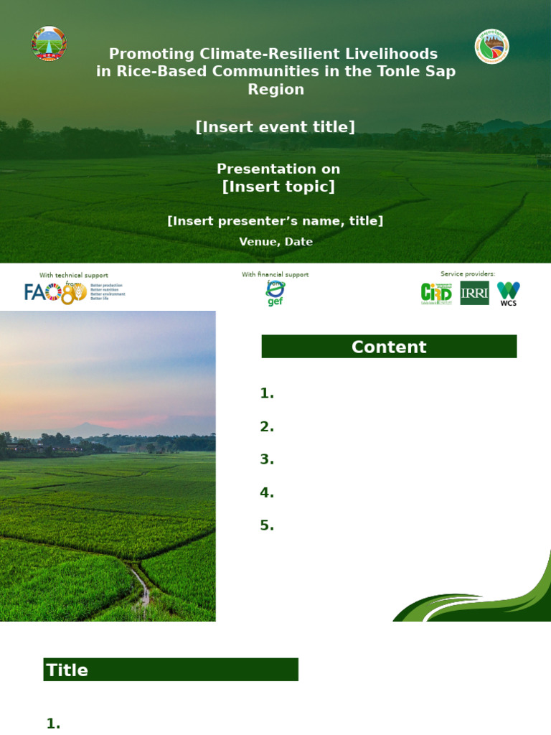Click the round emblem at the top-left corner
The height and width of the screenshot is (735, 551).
[x=49, y=44]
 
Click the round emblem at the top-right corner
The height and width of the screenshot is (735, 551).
[x=492, y=46]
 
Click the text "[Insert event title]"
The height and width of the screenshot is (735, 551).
[x=275, y=127]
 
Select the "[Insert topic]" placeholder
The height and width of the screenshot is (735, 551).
[x=278, y=187]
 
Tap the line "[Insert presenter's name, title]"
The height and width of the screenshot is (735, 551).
[x=275, y=221]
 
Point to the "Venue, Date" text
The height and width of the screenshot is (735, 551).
[x=275, y=242]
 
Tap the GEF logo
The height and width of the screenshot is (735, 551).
[x=275, y=293]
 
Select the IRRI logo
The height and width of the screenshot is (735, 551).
[x=474, y=293]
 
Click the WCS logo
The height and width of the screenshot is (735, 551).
[x=509, y=293]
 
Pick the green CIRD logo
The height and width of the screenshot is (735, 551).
[x=436, y=293]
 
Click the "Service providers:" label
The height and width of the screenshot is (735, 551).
[x=468, y=273]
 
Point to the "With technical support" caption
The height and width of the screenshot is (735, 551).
[x=74, y=275]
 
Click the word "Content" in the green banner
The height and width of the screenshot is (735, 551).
[x=389, y=347]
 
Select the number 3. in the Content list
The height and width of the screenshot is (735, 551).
[x=267, y=459]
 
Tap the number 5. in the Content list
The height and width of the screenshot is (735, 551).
[x=267, y=525]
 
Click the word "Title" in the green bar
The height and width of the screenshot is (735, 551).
[x=67, y=670]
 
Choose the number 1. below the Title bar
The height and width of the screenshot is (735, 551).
[x=53, y=724]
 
